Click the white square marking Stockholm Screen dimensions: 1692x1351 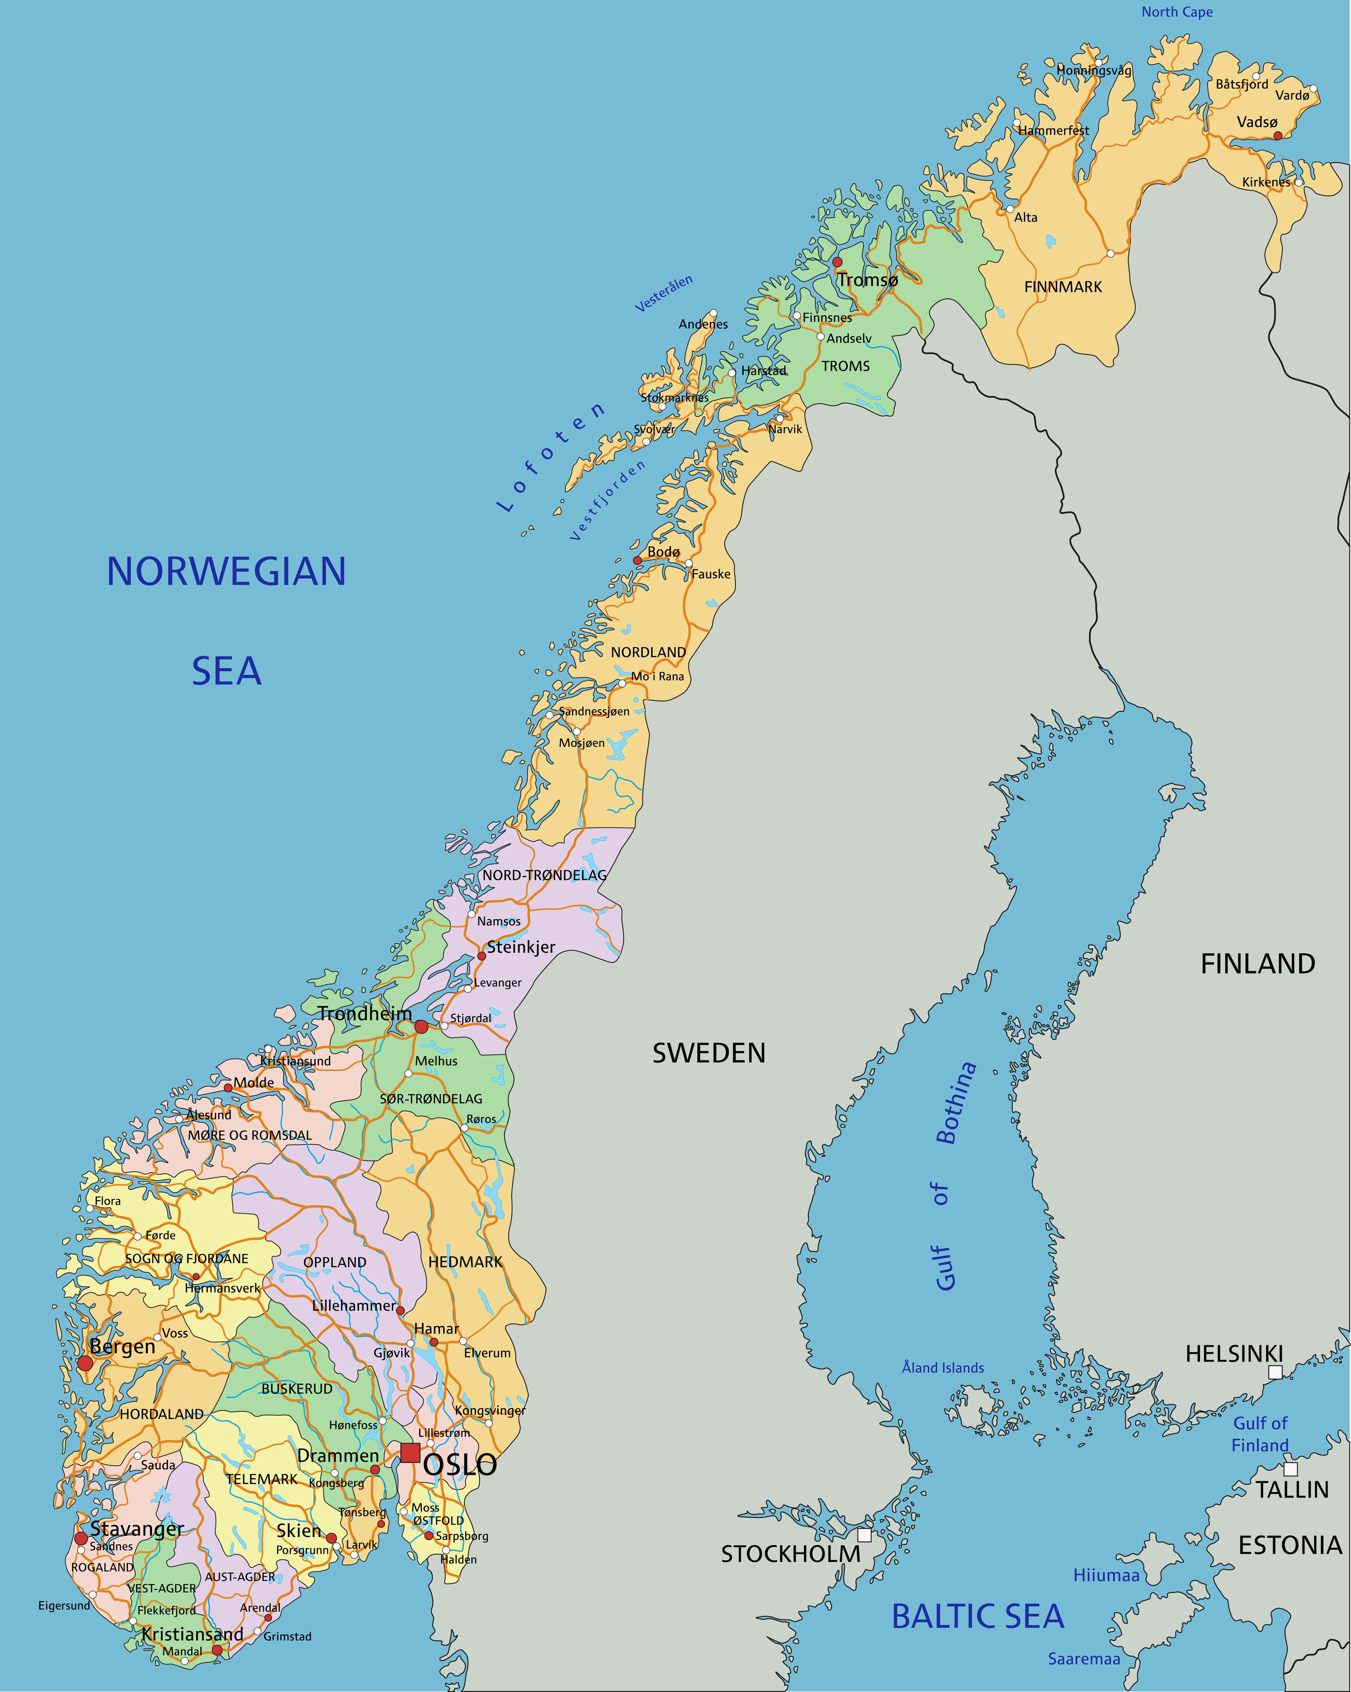[864, 1535]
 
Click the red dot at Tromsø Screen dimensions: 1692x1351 [837, 262]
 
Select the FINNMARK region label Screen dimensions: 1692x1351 [1063, 287]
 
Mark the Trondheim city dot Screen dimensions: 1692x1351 [421, 1026]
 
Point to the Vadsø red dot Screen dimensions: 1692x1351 [1277, 136]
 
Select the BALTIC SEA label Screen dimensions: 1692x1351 [977, 1616]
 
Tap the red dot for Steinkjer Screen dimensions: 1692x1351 [482, 956]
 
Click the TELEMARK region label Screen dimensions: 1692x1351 [262, 1479]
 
